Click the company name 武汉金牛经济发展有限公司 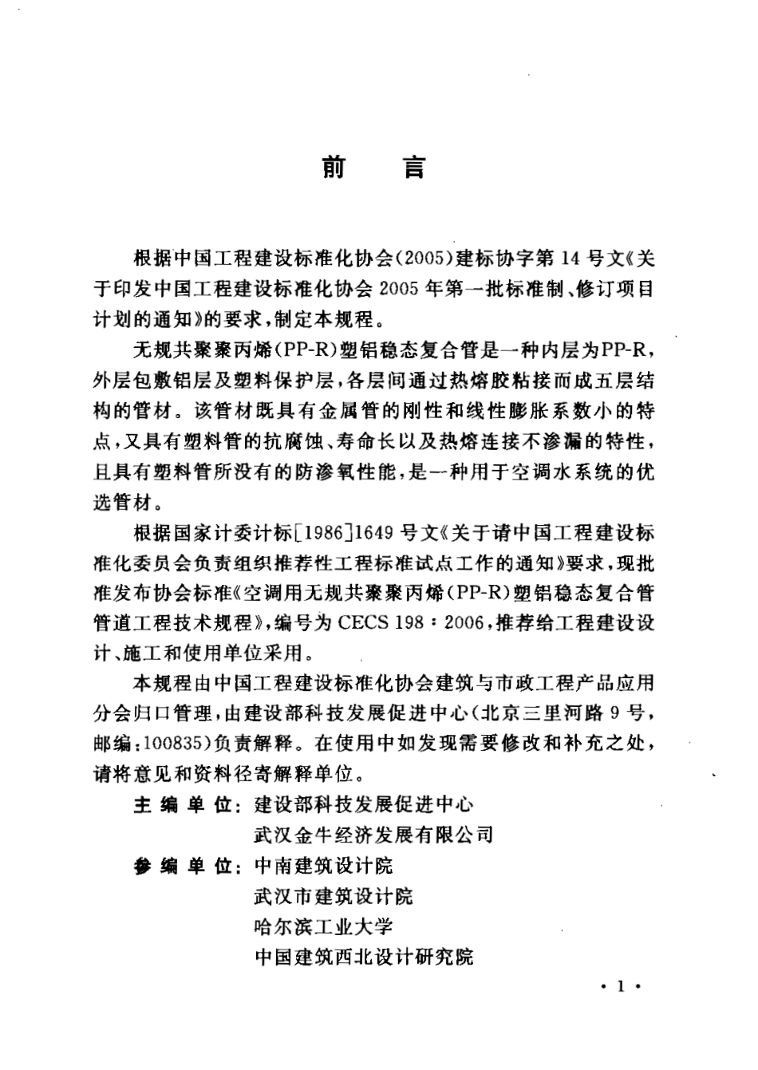click(373, 835)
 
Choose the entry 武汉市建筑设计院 click(334, 896)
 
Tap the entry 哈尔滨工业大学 click(323, 926)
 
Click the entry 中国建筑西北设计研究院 click(364, 956)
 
